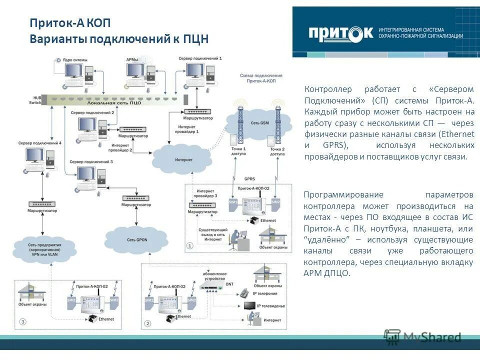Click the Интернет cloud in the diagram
click(x=180, y=159)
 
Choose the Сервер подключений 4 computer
click(x=37, y=160)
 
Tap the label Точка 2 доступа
click(x=277, y=151)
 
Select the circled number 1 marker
click(x=189, y=245)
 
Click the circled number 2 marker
click(x=147, y=324)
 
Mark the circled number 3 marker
click(x=22, y=321)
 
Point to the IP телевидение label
click(x=271, y=305)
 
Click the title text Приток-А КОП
click(x=69, y=23)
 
